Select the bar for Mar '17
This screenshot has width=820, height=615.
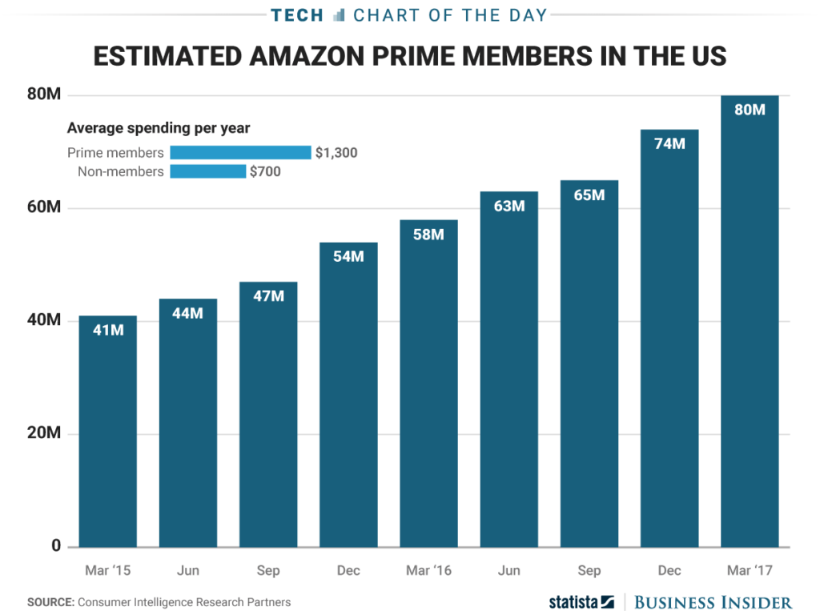point(750,320)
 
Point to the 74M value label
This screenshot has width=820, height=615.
point(669,144)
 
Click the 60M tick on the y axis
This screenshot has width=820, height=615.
point(45,208)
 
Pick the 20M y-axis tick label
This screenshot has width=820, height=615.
point(45,433)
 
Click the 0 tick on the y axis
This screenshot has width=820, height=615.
point(56,546)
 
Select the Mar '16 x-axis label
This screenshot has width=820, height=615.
point(428,571)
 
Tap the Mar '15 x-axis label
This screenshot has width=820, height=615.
point(107,571)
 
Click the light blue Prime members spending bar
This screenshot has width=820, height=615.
point(240,152)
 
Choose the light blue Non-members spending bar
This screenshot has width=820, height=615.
point(207,171)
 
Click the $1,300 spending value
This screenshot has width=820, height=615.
point(336,152)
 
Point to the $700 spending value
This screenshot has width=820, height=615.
point(266,171)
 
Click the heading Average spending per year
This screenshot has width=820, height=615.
point(159,128)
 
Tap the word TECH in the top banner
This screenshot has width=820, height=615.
point(297,14)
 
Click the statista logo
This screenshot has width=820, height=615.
point(581,601)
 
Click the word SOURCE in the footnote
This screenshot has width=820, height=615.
point(50,602)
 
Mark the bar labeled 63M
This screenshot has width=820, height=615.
point(508,368)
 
